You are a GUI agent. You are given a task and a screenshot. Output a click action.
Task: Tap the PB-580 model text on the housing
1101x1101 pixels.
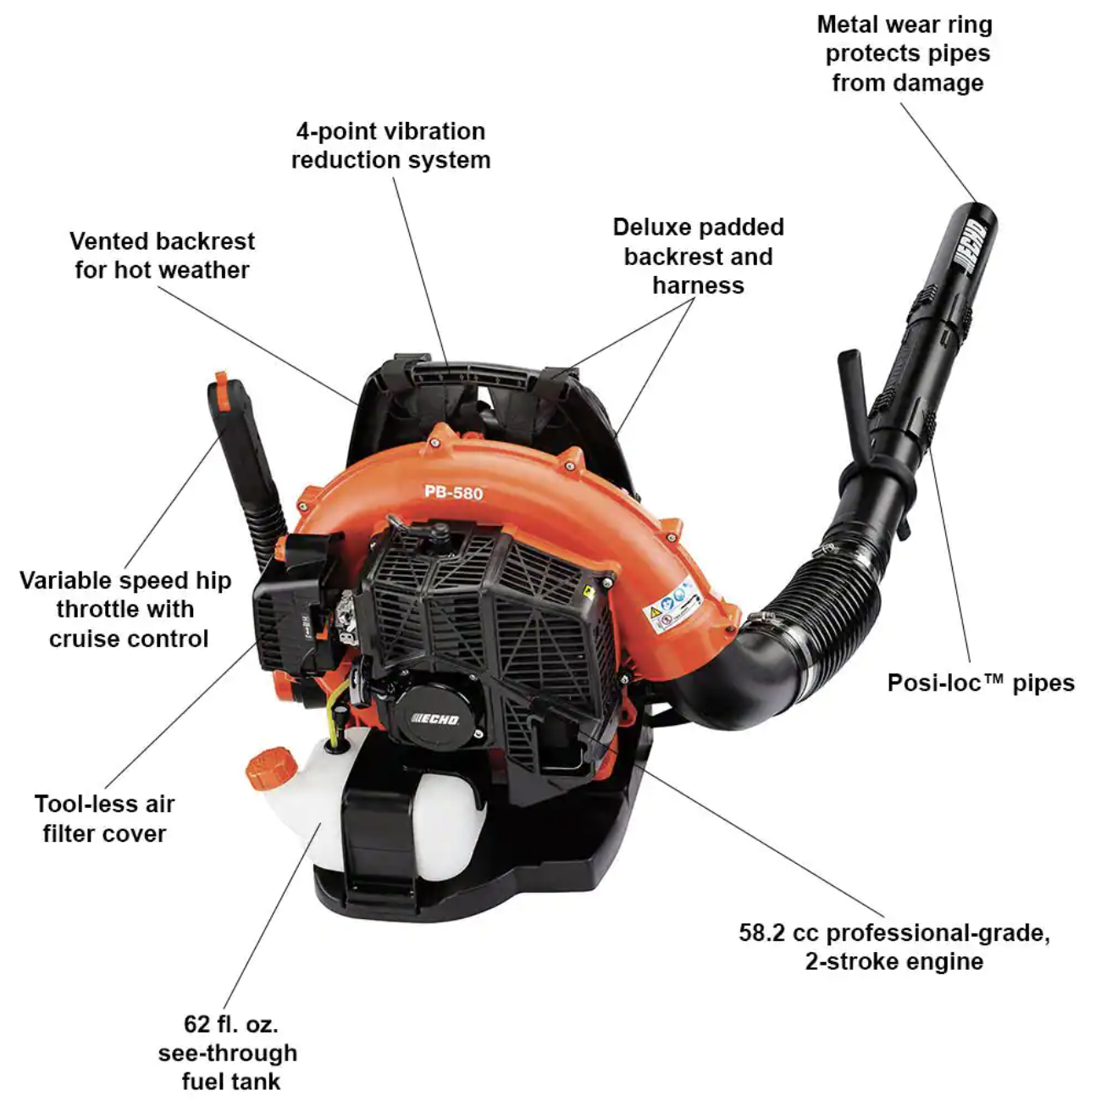tap(453, 491)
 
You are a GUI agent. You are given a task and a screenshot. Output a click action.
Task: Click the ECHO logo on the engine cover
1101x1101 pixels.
tap(435, 719)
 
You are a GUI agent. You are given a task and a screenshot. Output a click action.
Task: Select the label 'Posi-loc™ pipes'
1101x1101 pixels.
tap(980, 683)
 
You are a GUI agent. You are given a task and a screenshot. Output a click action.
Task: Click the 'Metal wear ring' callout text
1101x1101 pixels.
tap(905, 53)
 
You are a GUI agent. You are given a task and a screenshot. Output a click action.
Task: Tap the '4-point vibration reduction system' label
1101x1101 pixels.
tap(390, 145)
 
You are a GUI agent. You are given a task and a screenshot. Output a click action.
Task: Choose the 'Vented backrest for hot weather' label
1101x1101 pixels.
tap(162, 255)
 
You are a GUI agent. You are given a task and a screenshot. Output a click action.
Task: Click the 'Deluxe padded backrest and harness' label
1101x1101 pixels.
tap(698, 256)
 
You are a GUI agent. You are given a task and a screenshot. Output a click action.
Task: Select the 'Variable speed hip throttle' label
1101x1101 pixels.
tap(126, 609)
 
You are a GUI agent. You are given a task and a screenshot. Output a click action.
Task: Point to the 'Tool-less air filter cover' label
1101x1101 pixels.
tap(105, 818)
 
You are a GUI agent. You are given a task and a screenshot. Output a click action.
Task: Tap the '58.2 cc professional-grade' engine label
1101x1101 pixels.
tap(894, 946)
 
